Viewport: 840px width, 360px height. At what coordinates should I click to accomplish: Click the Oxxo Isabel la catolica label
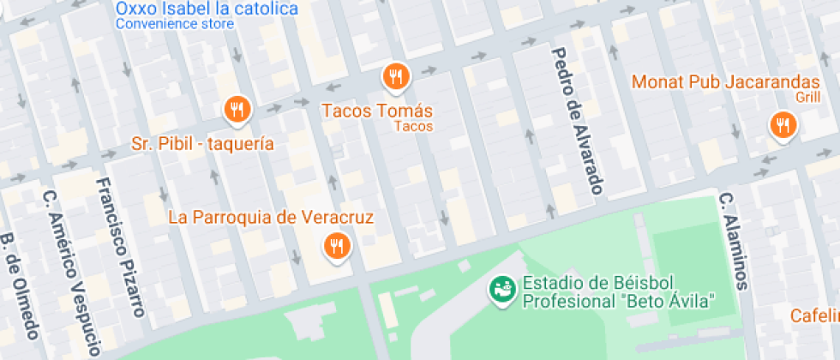[207, 9]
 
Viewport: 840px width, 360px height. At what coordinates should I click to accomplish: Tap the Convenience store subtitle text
[174, 25]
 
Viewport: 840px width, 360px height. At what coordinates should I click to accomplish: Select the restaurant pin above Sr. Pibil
[236, 109]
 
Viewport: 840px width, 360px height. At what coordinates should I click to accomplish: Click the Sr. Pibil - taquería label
[203, 143]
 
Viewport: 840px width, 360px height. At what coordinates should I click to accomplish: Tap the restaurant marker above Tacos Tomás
[395, 76]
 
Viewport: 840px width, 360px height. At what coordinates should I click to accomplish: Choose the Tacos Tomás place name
[377, 111]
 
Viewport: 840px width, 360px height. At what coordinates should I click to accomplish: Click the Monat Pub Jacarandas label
[726, 82]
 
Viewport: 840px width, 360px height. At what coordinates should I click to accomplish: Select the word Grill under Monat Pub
[807, 98]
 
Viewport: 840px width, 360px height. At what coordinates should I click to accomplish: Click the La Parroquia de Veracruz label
[271, 217]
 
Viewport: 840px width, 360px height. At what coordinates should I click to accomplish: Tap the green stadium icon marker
[501, 290]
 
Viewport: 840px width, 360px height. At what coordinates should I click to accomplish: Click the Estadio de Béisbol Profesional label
[619, 292]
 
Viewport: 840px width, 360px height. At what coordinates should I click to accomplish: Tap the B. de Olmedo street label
[21, 296]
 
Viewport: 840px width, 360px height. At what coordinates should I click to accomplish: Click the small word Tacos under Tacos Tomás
[414, 127]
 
